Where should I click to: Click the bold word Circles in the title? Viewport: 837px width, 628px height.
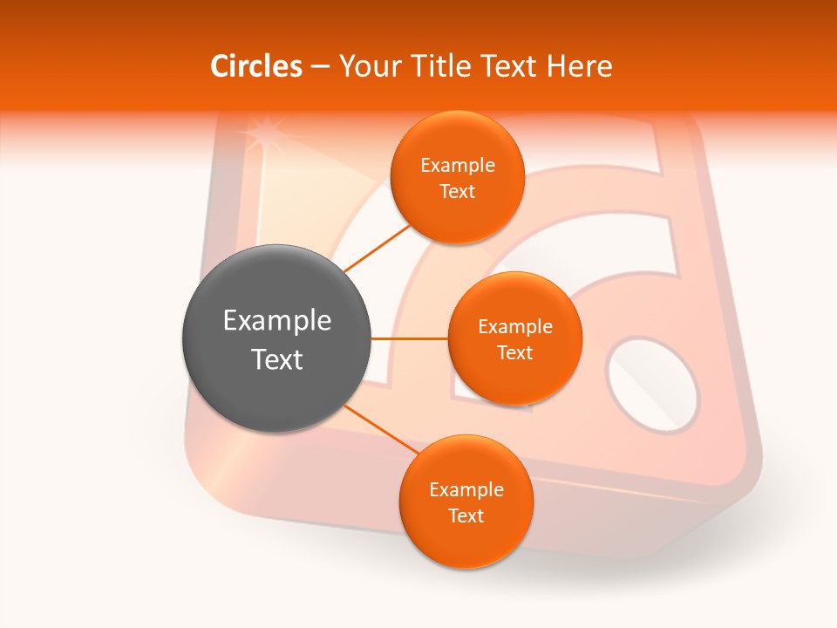click(x=256, y=66)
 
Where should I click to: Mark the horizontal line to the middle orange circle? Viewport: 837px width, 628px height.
click(x=410, y=338)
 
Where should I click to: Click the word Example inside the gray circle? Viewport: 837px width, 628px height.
click(x=277, y=321)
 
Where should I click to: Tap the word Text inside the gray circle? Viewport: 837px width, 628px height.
click(x=277, y=359)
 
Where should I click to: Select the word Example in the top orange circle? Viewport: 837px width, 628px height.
click(x=458, y=166)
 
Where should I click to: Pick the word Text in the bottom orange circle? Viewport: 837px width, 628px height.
click(x=466, y=516)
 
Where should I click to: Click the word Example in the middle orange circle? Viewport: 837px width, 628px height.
click(x=515, y=327)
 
